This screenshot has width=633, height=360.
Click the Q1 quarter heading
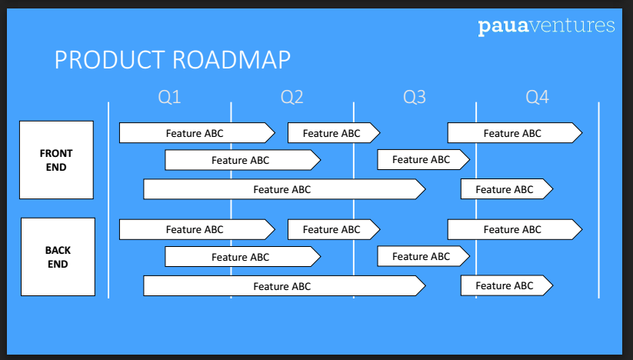pyautogui.click(x=169, y=97)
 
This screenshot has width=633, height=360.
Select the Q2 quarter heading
pyautogui.click(x=292, y=97)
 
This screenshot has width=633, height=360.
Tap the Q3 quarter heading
pyautogui.click(x=415, y=97)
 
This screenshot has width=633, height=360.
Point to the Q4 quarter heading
pyautogui.click(x=538, y=97)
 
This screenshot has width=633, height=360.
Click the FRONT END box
pyautogui.click(x=56, y=160)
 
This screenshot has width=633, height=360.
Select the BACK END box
pyautogui.click(x=58, y=257)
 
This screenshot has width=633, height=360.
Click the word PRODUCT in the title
pyautogui.click(x=110, y=60)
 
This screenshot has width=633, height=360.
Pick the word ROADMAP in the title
pyautogui.click(x=232, y=60)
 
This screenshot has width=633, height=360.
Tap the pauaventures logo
pyautogui.click(x=547, y=26)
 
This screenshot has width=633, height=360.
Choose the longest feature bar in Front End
pyautogui.click(x=285, y=189)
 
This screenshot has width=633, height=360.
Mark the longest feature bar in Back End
pyautogui.click(x=285, y=286)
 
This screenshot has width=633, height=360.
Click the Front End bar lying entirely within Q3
pyautogui.click(x=424, y=159)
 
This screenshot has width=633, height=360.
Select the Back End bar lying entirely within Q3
pyautogui.click(x=424, y=256)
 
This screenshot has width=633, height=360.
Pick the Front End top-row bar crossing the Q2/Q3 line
pyautogui.click(x=334, y=133)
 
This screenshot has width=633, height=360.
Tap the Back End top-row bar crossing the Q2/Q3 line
pyautogui.click(x=334, y=230)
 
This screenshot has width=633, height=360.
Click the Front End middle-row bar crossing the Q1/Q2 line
pyautogui.click(x=242, y=160)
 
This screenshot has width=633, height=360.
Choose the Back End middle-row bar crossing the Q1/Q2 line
pyautogui.click(x=242, y=257)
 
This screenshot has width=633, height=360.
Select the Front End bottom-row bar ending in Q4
pyautogui.click(x=507, y=189)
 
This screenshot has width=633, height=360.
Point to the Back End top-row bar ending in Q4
pyautogui.click(x=515, y=230)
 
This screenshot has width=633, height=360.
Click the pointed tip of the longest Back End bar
pyautogui.click(x=425, y=286)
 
